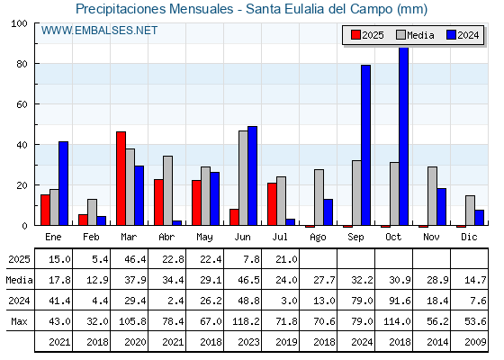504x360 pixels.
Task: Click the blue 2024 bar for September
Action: click(x=365, y=145)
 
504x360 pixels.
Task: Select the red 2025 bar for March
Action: click(x=121, y=178)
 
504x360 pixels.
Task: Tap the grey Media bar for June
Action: click(x=243, y=178)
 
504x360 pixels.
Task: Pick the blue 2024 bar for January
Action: click(x=63, y=184)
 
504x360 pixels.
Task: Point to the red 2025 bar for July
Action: click(x=272, y=204)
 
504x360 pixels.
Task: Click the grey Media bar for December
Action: click(x=470, y=211)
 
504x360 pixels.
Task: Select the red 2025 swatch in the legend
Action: click(x=355, y=35)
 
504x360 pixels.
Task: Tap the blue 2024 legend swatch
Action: click(x=451, y=35)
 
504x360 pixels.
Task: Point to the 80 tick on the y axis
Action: click(x=22, y=64)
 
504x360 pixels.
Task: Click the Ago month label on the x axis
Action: click(x=318, y=238)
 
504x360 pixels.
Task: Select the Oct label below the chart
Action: click(x=393, y=238)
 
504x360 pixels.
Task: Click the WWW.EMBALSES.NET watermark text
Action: click(x=99, y=31)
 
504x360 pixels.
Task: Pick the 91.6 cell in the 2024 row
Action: click(x=400, y=301)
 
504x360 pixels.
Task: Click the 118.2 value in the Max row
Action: click(x=246, y=321)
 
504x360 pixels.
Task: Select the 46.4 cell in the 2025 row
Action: click(x=135, y=259)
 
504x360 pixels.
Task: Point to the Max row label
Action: click(x=19, y=321)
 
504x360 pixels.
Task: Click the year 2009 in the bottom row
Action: click(x=475, y=342)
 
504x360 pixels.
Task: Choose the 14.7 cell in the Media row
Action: click(x=475, y=280)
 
